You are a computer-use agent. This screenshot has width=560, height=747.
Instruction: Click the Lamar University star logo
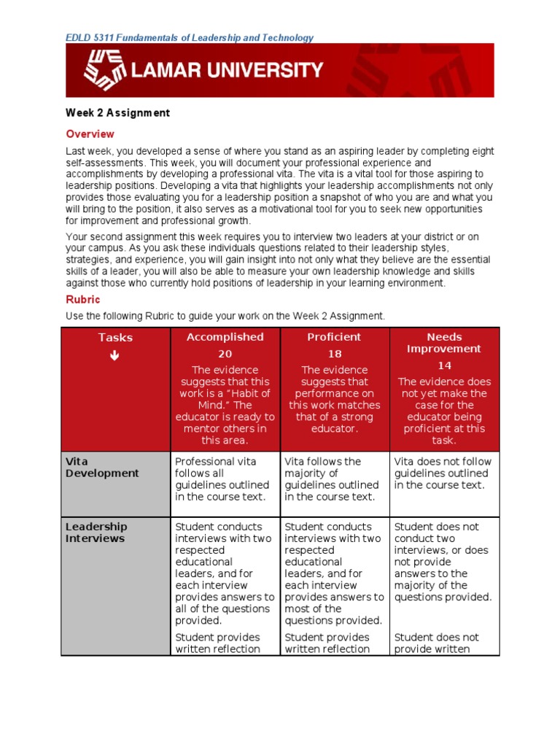point(105,70)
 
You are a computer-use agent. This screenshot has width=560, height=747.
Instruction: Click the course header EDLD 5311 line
point(190,38)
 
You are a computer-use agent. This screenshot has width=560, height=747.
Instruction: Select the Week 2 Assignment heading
point(117,113)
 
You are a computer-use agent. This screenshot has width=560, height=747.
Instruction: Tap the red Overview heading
point(90,134)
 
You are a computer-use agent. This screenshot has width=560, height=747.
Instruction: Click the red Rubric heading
point(82,300)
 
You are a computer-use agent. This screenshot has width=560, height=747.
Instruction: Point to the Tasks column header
point(115,338)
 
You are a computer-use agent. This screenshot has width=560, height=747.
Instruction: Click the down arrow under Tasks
point(115,355)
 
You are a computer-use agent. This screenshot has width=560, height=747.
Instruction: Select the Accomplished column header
point(225,337)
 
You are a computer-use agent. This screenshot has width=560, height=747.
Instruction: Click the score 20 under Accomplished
point(225,354)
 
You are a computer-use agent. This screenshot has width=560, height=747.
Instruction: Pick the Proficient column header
point(334,337)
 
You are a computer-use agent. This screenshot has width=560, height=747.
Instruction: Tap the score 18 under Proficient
point(334,354)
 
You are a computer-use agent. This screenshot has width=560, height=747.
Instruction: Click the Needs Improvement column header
point(444,343)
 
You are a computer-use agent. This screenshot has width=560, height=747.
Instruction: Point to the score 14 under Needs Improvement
point(444,365)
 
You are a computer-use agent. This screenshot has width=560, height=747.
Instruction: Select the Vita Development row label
point(101,468)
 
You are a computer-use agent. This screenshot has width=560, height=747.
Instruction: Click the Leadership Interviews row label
point(96,533)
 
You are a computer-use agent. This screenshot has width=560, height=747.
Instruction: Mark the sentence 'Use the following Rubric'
point(225,316)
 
